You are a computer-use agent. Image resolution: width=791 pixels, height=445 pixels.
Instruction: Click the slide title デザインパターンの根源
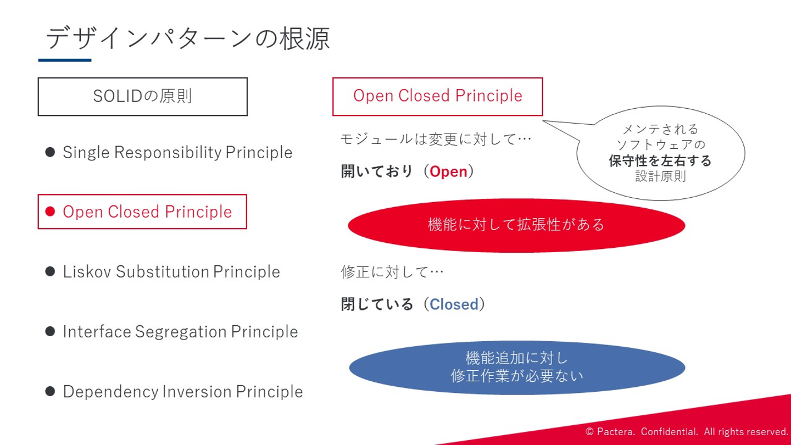(x=187, y=38)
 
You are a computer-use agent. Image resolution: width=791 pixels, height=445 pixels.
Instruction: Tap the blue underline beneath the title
(x=65, y=60)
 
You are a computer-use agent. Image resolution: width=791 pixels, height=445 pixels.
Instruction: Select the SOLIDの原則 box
(x=143, y=97)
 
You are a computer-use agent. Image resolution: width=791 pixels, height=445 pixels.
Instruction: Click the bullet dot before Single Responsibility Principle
(x=50, y=152)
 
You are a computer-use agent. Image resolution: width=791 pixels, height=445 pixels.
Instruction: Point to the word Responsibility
(x=168, y=153)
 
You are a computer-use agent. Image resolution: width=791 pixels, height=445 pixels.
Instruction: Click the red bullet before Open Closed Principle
(x=50, y=212)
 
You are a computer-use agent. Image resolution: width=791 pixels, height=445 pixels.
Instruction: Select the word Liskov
(x=87, y=271)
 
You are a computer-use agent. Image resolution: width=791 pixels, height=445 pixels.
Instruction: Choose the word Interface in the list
(x=97, y=332)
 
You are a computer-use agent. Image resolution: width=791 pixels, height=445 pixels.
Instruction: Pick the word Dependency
(x=111, y=392)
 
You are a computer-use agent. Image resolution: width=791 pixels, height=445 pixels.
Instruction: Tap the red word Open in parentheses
(x=448, y=171)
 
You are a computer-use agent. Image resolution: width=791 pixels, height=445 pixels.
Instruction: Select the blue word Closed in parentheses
(x=454, y=304)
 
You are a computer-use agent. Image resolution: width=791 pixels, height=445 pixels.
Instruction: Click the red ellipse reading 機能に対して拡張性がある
(x=516, y=225)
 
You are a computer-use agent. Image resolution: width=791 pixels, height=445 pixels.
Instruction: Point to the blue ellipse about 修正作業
(x=517, y=368)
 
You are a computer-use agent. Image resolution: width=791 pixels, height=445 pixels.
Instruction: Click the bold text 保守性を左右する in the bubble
(x=660, y=160)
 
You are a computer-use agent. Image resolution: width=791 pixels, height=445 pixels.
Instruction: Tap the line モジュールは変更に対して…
(x=436, y=139)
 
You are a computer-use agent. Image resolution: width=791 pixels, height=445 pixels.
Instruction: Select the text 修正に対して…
(x=392, y=272)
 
